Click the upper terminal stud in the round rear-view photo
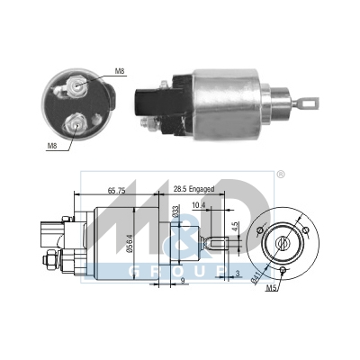tap(76, 85)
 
